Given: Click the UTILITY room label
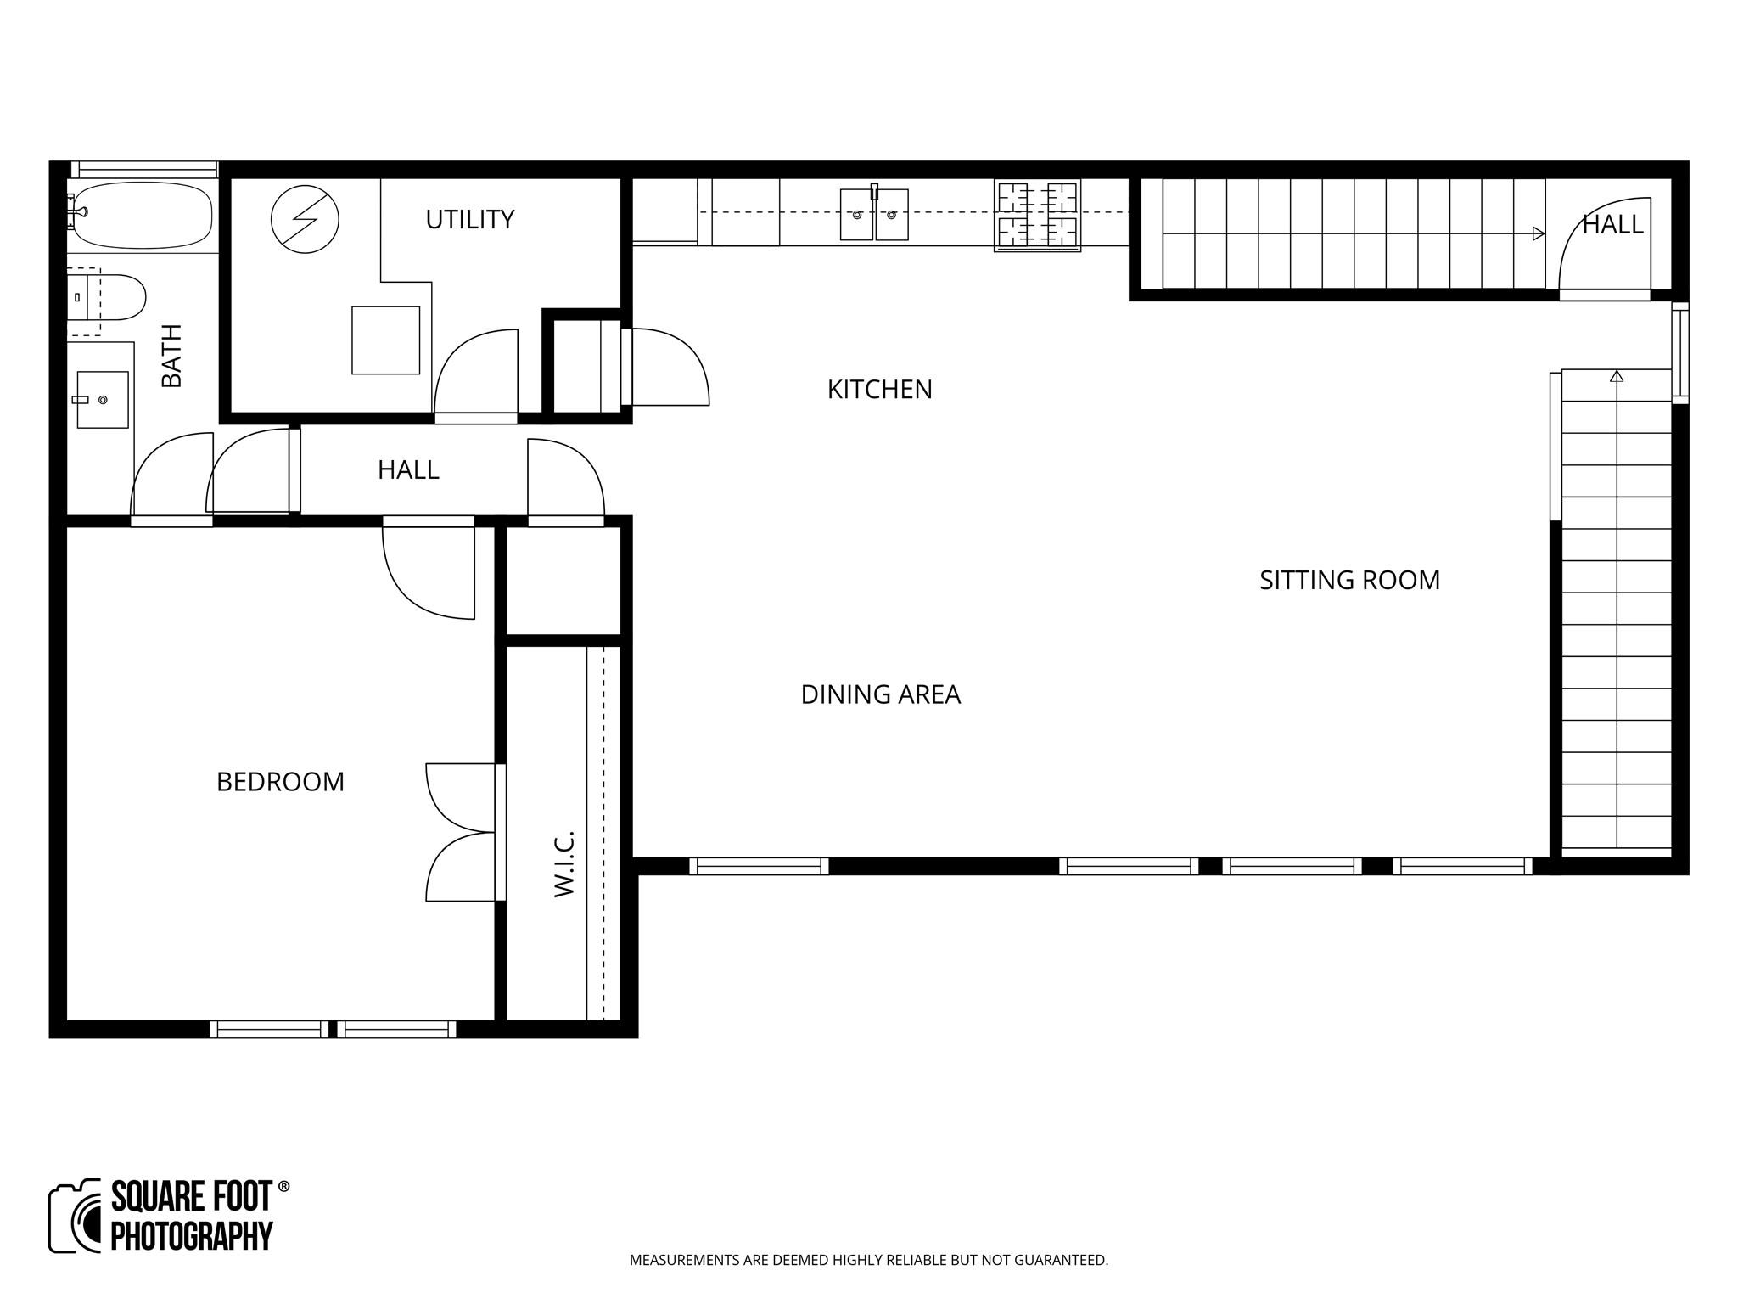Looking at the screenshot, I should (469, 220).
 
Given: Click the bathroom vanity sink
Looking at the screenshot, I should (102, 399).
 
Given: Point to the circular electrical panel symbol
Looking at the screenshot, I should (305, 219).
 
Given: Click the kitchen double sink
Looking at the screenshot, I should (874, 215).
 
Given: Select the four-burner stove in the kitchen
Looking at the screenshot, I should (1037, 216).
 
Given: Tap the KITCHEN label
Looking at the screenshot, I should (879, 390).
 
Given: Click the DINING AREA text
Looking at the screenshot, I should (880, 694).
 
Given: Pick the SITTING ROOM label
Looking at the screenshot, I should (1349, 581).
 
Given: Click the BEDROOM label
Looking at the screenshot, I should (280, 782).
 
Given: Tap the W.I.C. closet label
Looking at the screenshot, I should (564, 863).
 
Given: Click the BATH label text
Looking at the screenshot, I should (172, 356).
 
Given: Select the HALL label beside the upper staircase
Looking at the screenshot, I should (1612, 225).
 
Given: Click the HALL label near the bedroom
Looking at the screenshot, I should (408, 470).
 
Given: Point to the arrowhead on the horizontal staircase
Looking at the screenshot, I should (1539, 233).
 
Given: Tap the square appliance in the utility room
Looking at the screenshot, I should (386, 340).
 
